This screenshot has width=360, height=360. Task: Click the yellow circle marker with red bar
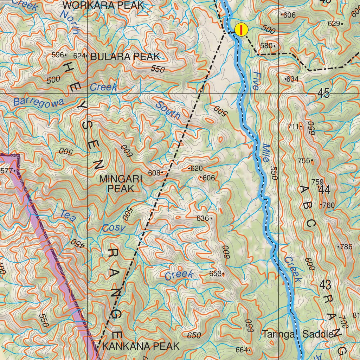[241, 30]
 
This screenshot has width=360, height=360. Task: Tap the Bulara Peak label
[125, 57]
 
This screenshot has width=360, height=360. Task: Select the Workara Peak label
[103, 5]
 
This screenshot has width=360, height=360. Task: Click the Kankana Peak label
[141, 346]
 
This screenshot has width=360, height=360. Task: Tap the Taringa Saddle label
[297, 334]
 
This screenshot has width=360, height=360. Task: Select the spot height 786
[346, 247]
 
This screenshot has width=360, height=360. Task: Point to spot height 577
[7, 171]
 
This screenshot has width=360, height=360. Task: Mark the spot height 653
[216, 274]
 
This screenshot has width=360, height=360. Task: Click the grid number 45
[323, 94]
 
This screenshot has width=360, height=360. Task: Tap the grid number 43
[326, 285]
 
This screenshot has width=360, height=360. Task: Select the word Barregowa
[39, 102]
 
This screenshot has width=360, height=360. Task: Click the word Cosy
[114, 228]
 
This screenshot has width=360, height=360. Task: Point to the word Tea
[68, 216]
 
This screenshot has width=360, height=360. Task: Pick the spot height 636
[203, 218]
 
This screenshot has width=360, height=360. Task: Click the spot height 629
[334, 24]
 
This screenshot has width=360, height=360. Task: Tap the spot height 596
[58, 55]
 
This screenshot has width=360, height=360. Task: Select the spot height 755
[304, 161]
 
